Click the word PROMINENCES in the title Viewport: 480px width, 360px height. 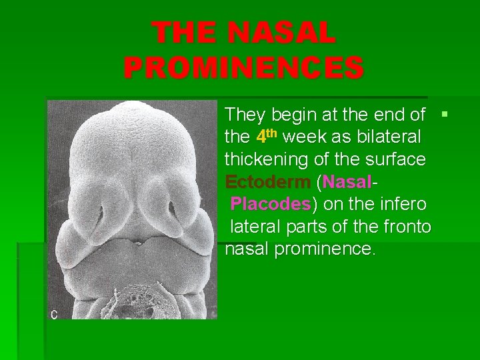pyautogui.click(x=243, y=68)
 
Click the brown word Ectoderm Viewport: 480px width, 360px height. pyautogui.click(x=267, y=181)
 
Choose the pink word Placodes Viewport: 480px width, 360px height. pyautogui.click(x=270, y=204)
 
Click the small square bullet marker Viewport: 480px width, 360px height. pyautogui.click(x=445, y=115)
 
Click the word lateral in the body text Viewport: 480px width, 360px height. pyautogui.click(x=254, y=227)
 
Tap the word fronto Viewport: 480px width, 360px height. pyautogui.click(x=407, y=227)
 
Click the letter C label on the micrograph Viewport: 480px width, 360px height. pyautogui.click(x=55, y=314)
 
